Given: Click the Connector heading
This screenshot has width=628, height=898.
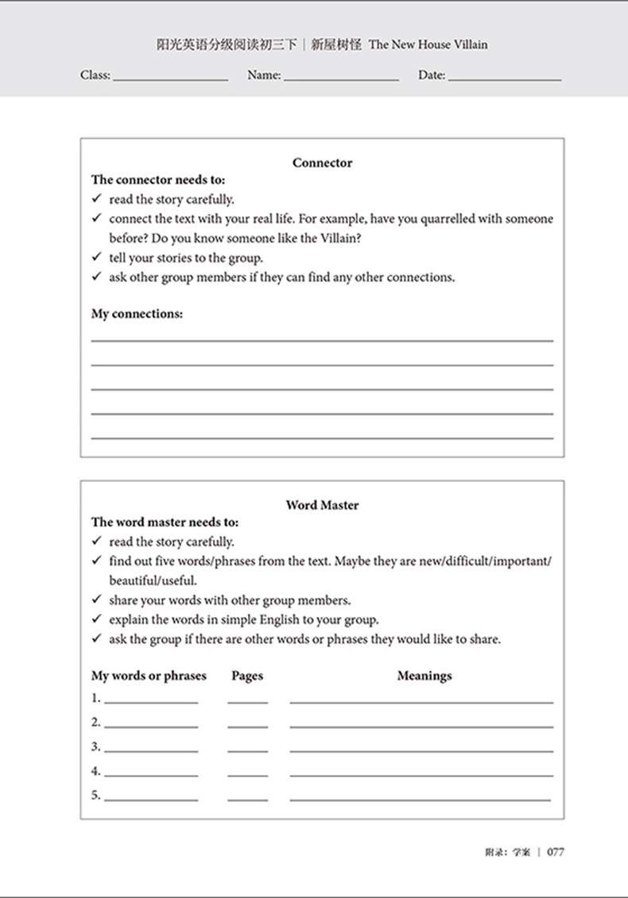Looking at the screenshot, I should pos(322,163).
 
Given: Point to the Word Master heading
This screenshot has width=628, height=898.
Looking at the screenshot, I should pos(322,505).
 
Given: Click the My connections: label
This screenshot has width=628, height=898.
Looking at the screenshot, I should pos(137,314).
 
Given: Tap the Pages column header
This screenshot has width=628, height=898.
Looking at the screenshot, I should pos(247,676).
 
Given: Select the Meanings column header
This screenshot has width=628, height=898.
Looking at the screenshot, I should pos(424,676).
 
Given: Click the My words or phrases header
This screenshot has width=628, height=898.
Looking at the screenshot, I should pos(149,676).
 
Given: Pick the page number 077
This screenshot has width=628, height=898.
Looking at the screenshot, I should pos(555,852).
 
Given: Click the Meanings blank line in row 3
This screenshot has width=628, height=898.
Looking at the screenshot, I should pos(421,750).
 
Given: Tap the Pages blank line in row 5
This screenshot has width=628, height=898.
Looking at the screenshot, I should pos(247,799).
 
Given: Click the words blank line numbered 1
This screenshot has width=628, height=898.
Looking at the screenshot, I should pos(151,702).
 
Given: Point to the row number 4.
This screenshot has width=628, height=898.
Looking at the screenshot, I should pos(95,771).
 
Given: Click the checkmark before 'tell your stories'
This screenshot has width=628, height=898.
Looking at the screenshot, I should pos(96,257).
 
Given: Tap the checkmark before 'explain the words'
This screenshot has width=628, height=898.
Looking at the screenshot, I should pos(96,619).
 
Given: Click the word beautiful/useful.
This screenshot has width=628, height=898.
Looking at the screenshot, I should pos(141,580).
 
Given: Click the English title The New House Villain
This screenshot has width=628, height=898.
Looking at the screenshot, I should pos(428,45).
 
